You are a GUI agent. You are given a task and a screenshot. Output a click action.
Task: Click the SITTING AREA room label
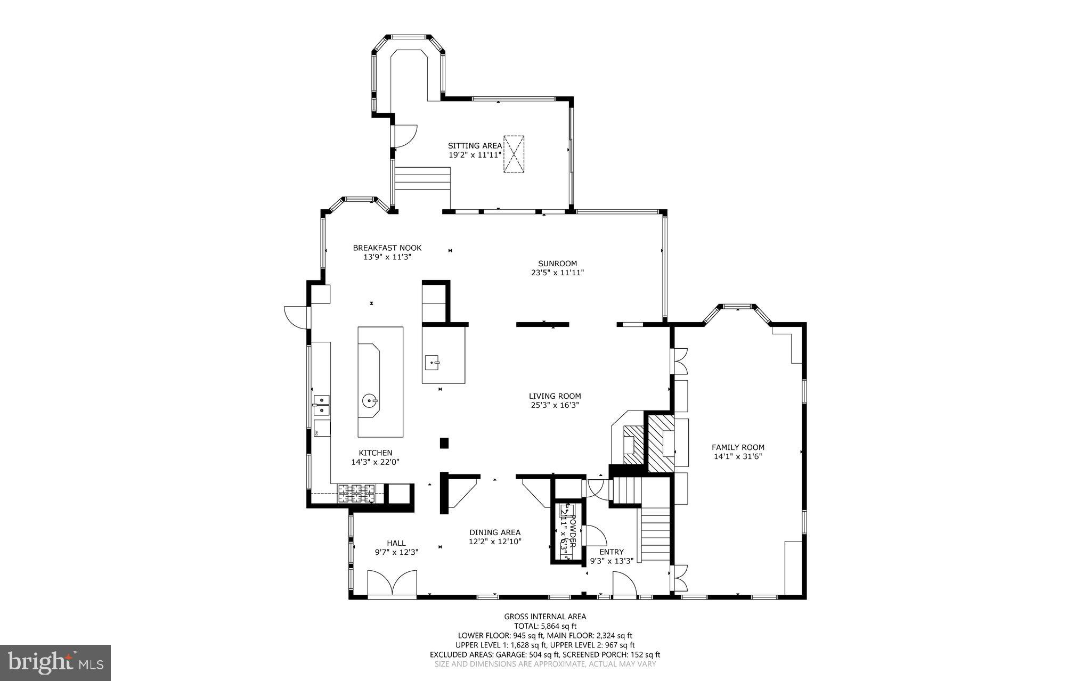(x=474, y=145)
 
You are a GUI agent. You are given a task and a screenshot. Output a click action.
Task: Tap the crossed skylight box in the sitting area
(x=514, y=154)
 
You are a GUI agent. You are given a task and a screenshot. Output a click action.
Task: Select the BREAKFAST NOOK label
(x=387, y=248)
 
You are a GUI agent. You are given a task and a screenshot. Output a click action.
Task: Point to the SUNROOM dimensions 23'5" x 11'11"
(x=557, y=273)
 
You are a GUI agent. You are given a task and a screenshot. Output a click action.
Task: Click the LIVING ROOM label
(x=555, y=396)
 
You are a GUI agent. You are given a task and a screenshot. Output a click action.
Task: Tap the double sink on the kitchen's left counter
(x=322, y=405)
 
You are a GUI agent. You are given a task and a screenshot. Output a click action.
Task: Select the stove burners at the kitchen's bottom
(x=356, y=493)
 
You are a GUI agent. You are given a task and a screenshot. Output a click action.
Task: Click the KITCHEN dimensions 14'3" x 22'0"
(x=375, y=462)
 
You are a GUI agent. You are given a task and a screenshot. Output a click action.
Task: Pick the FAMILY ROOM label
(x=738, y=447)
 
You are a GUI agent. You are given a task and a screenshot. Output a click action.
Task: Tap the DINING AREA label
(x=495, y=532)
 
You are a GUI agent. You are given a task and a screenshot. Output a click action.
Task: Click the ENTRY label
(x=611, y=552)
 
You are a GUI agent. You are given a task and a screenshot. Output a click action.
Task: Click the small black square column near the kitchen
(x=444, y=443)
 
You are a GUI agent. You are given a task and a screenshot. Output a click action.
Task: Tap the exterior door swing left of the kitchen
(x=296, y=316)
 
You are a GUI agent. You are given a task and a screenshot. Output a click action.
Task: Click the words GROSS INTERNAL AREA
(x=545, y=617)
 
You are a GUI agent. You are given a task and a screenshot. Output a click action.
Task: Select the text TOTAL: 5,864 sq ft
(x=545, y=626)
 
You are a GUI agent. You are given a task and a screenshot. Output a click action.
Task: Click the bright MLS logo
(x=55, y=662)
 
